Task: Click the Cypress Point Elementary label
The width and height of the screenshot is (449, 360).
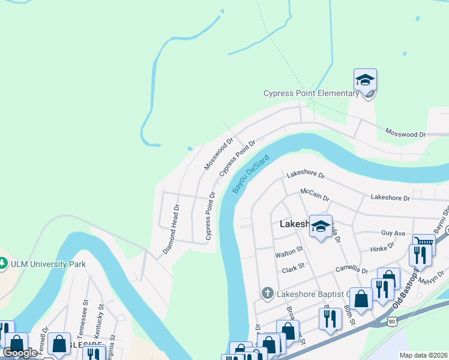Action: [x=311, y=93]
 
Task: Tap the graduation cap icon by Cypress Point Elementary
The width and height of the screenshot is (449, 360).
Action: [x=364, y=79]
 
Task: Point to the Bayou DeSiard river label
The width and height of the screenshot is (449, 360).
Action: [x=250, y=173]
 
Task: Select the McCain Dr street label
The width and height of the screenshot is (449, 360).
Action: [x=315, y=193]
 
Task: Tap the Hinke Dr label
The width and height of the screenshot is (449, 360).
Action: [x=382, y=245]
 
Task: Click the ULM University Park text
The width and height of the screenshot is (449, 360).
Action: [x=47, y=264]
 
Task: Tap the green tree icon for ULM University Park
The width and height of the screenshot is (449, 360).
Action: [x=3, y=263]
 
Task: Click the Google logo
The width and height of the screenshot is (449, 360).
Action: [x=20, y=353]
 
